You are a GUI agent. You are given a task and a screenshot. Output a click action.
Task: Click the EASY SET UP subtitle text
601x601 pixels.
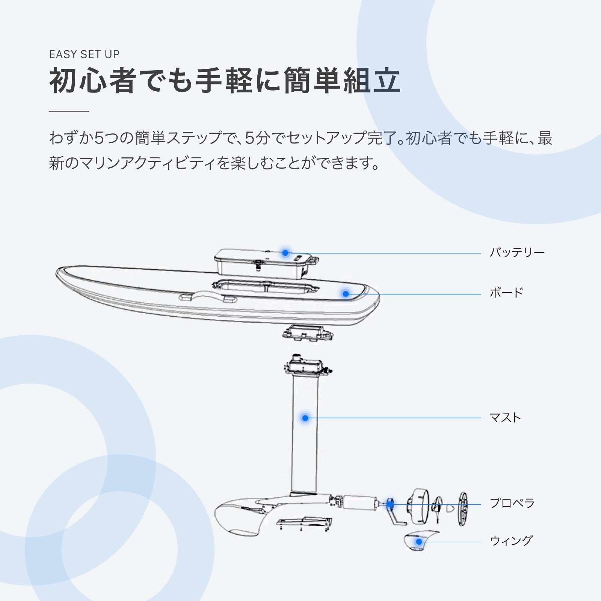point(84,54)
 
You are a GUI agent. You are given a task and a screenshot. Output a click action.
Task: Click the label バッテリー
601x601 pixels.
point(517,253)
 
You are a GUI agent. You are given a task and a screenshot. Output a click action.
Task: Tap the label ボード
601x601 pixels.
point(506,293)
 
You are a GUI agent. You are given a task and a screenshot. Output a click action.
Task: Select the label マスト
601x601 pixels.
point(505,418)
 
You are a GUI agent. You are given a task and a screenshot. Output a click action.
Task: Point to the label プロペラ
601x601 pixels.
point(512,503)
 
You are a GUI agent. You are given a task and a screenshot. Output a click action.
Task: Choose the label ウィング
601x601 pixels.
point(511,541)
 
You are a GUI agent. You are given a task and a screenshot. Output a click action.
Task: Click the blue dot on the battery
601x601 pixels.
point(285,253)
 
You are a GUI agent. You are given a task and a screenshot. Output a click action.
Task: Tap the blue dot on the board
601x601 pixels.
point(346,294)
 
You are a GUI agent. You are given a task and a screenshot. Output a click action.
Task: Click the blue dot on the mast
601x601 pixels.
point(305,418)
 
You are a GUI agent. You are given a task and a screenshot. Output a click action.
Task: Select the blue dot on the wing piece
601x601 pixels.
point(419,542)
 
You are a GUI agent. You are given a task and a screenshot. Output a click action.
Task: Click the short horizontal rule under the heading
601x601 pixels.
point(69,111)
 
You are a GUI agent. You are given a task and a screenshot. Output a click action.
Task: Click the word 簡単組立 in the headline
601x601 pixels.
point(342,81)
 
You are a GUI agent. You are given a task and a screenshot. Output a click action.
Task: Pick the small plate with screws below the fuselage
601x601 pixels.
point(304,523)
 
